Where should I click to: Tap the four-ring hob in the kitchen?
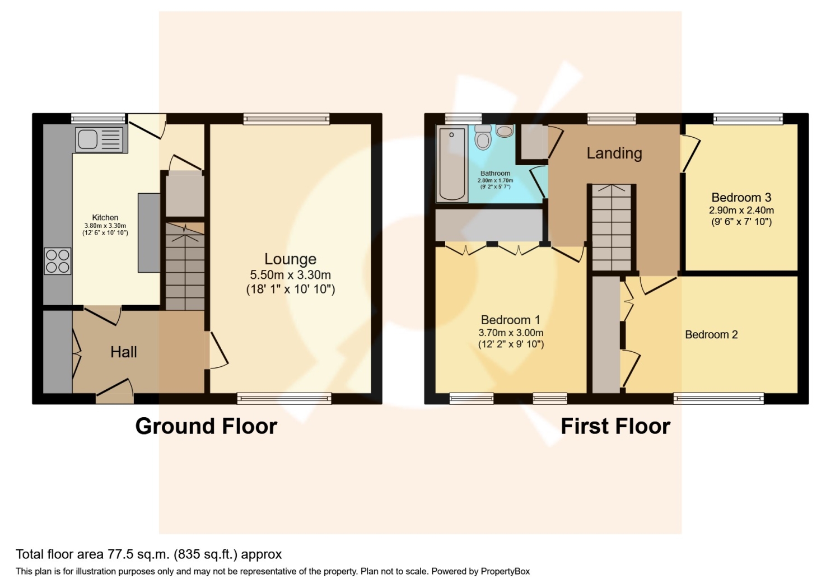click(58, 261)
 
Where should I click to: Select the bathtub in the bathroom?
click(452, 164)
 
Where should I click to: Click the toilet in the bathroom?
click(483, 135)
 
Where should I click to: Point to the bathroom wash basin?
click(505, 131)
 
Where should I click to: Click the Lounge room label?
click(290, 259)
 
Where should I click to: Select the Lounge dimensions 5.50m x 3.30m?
click(290, 275)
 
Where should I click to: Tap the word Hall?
click(124, 352)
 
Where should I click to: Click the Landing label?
click(614, 153)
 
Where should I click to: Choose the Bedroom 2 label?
click(711, 334)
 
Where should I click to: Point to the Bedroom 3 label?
click(741, 197)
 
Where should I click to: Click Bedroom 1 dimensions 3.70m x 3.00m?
click(510, 333)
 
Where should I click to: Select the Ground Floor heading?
click(206, 426)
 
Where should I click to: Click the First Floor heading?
click(615, 426)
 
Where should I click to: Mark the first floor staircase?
click(612, 230)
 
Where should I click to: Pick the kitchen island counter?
click(149, 232)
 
